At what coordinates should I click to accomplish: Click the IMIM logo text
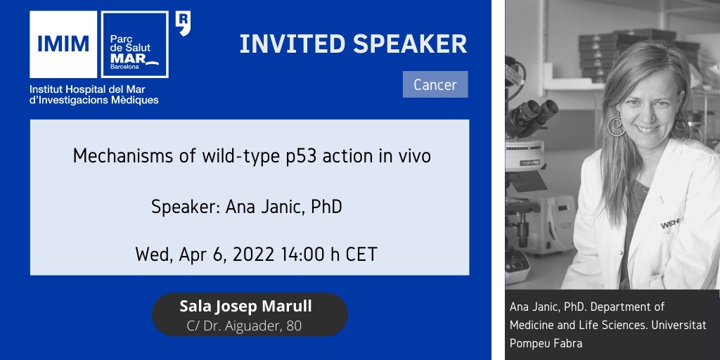(63, 44)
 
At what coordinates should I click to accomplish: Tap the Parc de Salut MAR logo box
(134, 44)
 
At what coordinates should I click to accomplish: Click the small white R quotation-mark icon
(184, 24)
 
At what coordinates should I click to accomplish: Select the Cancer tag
(435, 84)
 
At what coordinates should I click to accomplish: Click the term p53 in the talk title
(302, 157)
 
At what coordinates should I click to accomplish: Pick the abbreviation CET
(361, 255)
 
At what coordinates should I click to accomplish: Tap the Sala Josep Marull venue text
(245, 307)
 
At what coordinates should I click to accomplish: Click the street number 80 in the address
(294, 326)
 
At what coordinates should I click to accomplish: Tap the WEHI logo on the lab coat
(671, 224)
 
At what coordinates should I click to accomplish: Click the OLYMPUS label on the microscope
(529, 162)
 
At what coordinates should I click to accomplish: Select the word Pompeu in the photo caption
(526, 343)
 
